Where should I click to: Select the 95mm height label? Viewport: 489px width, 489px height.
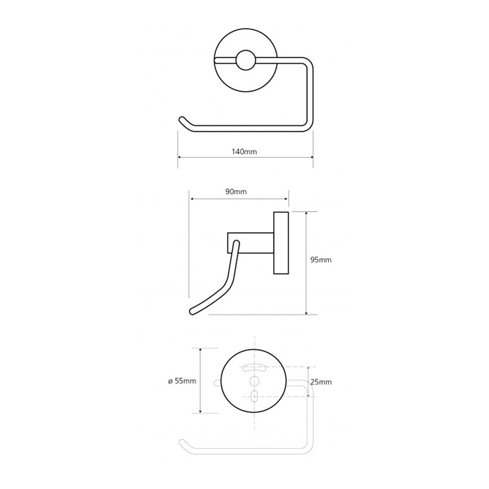click(321, 260)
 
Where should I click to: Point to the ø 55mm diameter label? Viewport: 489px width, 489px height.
click(181, 381)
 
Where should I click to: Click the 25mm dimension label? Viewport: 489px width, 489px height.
click(320, 382)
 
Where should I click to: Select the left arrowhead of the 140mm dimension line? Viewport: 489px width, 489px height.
click(179, 158)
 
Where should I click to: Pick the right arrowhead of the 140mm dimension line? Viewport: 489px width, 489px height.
click(312, 158)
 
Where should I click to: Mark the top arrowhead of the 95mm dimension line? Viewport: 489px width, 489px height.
click(306, 213)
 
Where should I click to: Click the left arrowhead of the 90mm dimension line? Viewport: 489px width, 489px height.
click(193, 199)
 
